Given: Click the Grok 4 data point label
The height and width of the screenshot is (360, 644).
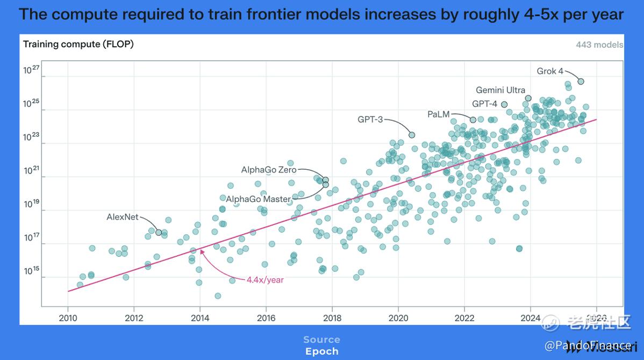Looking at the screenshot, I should click(550, 71).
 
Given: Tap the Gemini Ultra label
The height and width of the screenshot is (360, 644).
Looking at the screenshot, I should click(500, 90).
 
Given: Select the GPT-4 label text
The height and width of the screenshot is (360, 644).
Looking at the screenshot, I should click(484, 104).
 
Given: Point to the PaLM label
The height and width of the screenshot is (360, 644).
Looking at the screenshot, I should click(438, 114).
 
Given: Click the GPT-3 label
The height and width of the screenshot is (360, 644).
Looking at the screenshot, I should click(370, 119).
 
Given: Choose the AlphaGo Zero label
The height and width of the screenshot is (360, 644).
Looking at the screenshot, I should click(268, 170).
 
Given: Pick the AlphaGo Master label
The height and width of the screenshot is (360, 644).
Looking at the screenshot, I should click(258, 199).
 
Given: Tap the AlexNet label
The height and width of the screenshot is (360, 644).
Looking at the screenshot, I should click(122, 217).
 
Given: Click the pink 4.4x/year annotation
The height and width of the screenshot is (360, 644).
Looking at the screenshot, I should click(265, 279).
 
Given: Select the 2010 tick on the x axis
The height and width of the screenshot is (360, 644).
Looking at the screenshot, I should click(68, 318).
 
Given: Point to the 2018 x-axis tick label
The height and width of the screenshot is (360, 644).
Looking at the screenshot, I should click(332, 318).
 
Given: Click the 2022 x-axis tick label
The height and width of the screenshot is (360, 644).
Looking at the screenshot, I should click(464, 318).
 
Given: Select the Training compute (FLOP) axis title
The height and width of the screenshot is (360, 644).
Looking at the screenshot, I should click(78, 44).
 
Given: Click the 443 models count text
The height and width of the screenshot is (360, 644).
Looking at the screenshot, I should click(599, 45).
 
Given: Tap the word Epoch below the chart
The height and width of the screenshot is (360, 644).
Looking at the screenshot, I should click(321, 351).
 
